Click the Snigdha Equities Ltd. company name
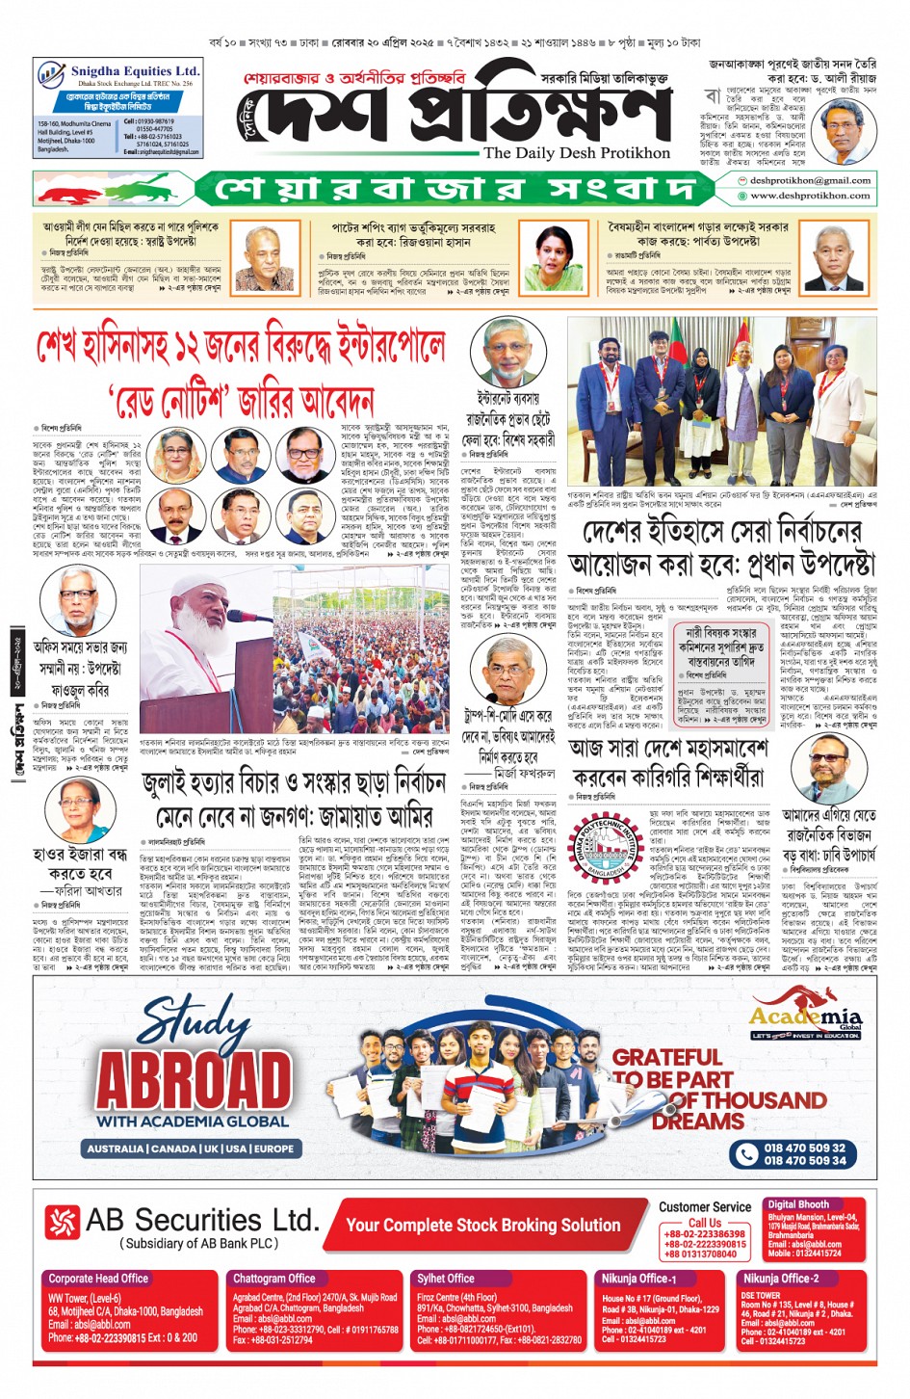(x=134, y=71)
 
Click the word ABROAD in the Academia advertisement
(x=193, y=1080)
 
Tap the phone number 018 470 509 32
(x=804, y=1148)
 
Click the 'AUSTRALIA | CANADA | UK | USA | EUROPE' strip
(x=190, y=1148)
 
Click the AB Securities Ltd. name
(x=201, y=1221)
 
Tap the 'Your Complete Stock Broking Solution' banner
(x=482, y=1226)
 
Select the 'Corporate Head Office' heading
(x=98, y=1279)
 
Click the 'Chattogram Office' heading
(x=274, y=1279)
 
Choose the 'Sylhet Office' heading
(x=445, y=1279)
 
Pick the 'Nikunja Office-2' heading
(x=780, y=1279)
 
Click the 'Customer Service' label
(x=705, y=1207)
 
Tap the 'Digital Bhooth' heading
(x=798, y=1204)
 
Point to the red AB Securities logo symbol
(x=62, y=1224)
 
